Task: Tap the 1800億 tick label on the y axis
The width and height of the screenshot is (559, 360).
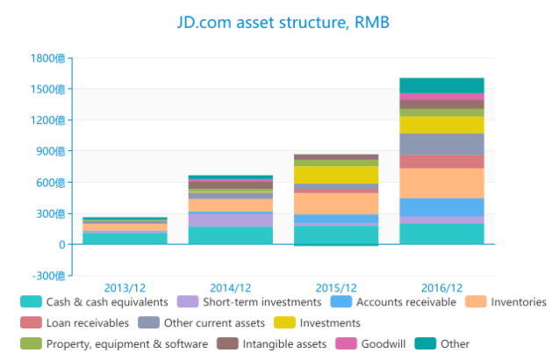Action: [47, 58]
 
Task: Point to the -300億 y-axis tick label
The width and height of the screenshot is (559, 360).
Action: [47, 276]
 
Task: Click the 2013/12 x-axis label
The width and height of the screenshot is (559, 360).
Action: [125, 287]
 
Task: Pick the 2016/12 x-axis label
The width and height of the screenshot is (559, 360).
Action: [441, 287]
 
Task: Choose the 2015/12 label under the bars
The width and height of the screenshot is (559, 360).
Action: [336, 287]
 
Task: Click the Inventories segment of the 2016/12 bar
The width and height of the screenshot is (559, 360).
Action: [441, 183]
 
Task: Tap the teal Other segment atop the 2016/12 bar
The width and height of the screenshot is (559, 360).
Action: [441, 85]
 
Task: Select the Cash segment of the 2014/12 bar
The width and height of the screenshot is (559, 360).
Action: [231, 235]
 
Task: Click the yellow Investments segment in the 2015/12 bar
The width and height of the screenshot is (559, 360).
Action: [336, 175]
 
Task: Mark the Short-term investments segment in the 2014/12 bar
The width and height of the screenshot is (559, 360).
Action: [231, 220]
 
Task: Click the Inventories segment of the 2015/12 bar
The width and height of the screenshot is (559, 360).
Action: [336, 203]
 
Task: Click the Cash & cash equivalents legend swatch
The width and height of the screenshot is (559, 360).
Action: [32, 302]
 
